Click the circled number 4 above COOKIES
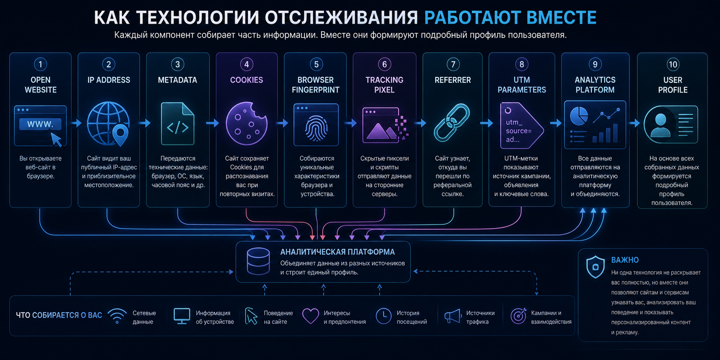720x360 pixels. (246, 64)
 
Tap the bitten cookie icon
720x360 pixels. (246, 123)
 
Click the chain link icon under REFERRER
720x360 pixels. (452, 123)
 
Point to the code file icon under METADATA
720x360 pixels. (178, 124)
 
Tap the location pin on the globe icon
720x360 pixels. (120, 135)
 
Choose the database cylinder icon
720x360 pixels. (258, 261)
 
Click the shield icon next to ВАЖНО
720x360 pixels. (595, 267)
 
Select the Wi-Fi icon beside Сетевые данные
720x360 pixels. (117, 316)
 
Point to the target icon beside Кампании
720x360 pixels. (518, 316)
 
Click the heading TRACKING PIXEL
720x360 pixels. (384, 85)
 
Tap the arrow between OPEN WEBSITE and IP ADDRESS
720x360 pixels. (76, 123)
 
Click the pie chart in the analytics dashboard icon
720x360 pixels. (579, 116)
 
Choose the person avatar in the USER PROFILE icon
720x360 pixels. (660, 125)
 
